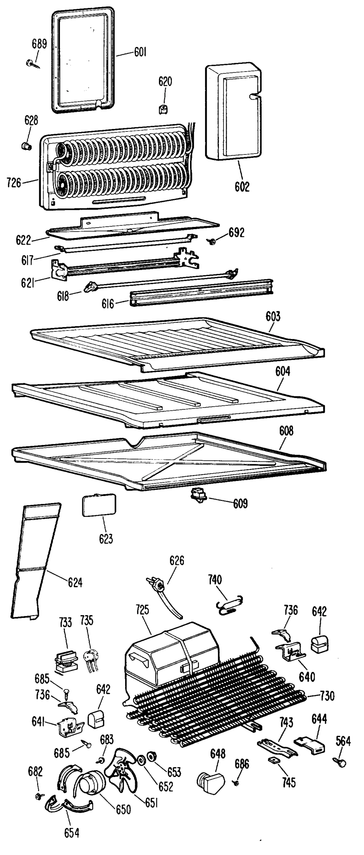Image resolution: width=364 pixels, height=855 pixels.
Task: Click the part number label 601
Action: pos(140,53)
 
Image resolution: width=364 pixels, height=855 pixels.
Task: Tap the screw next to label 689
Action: pos(31,63)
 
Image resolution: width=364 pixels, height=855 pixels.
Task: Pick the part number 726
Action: pos(14,183)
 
